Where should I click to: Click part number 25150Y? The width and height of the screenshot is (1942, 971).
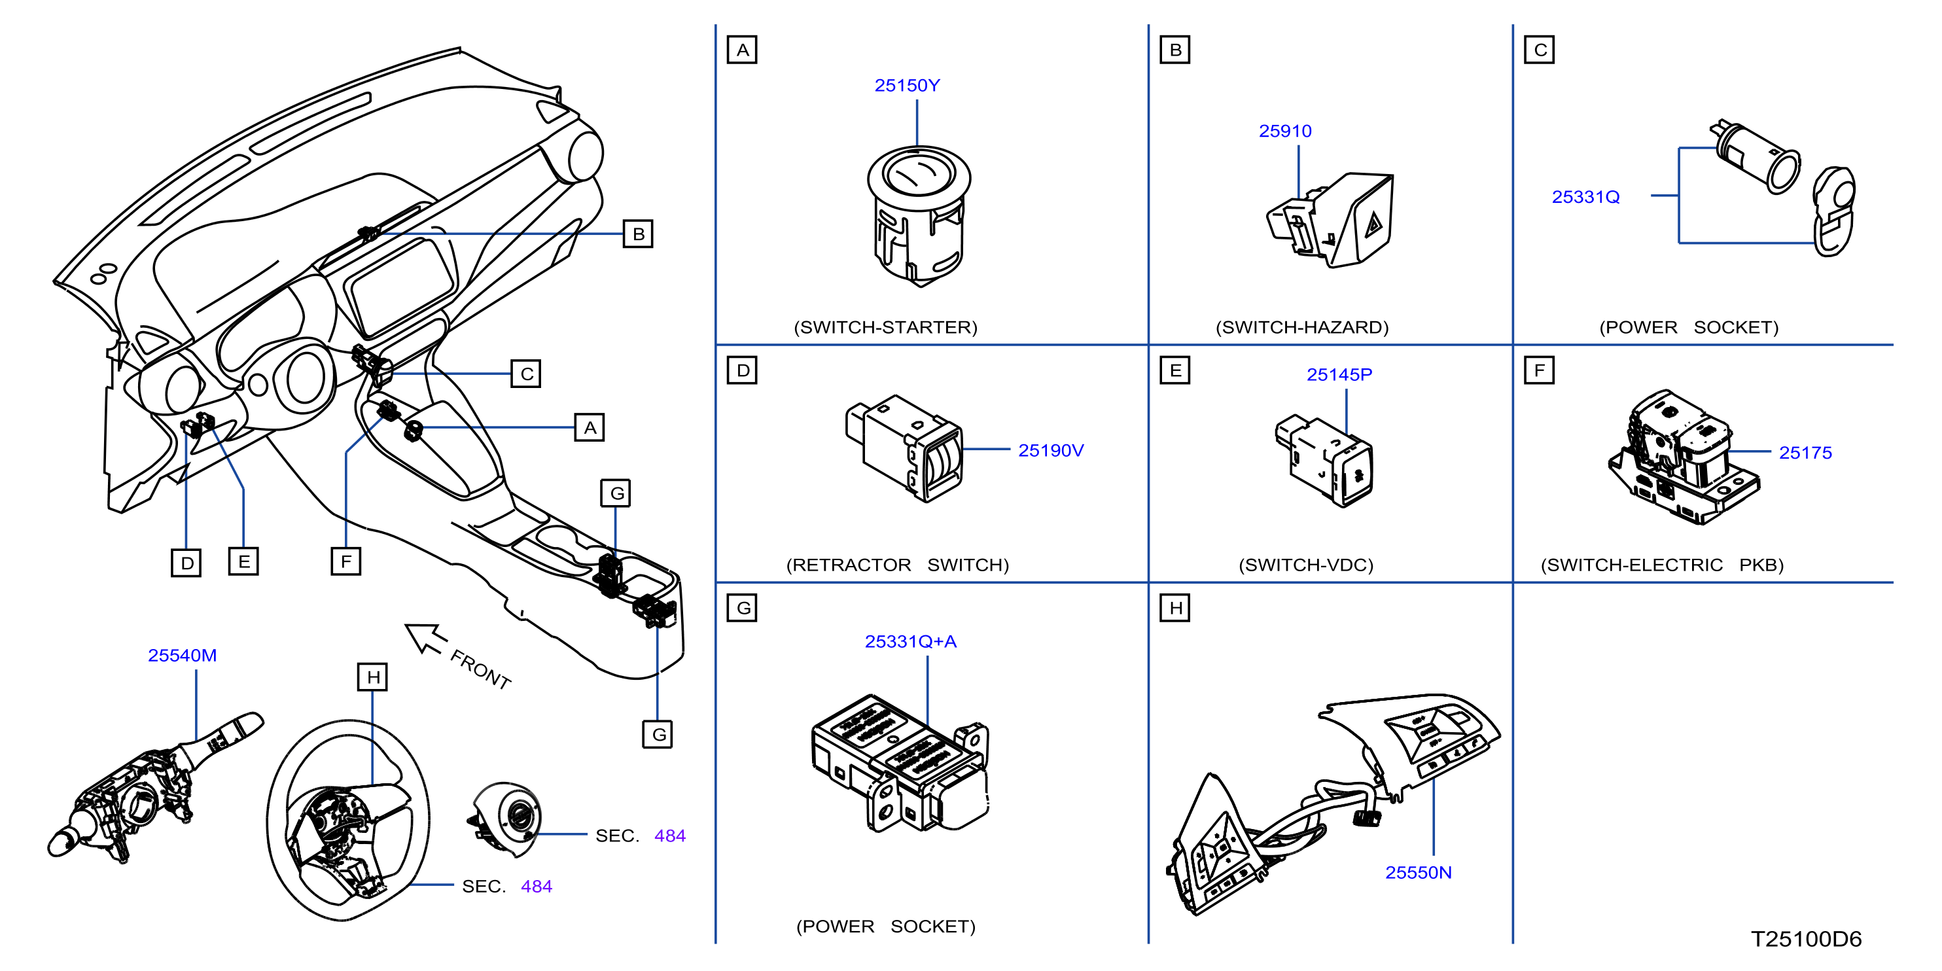(x=907, y=85)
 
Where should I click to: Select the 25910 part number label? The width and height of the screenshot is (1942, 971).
(x=1284, y=130)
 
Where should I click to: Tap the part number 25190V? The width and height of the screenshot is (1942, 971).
(x=1050, y=450)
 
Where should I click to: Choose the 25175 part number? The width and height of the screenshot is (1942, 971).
(x=1805, y=452)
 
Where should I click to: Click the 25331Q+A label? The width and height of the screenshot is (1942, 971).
(x=910, y=641)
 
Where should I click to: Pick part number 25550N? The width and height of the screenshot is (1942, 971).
(x=1418, y=872)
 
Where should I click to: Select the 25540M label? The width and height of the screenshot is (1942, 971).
(x=182, y=655)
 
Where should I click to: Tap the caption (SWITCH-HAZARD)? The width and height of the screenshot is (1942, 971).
(x=1301, y=327)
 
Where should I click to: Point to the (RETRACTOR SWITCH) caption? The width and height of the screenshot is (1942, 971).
(x=897, y=565)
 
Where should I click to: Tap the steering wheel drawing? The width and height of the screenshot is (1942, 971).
(x=347, y=821)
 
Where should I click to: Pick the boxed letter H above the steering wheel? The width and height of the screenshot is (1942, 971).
(x=372, y=677)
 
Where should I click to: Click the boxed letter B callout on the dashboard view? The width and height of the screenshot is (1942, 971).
(x=638, y=234)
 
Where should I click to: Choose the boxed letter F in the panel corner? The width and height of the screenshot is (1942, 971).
(x=1539, y=370)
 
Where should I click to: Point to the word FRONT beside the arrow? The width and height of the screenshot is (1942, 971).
(x=481, y=669)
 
